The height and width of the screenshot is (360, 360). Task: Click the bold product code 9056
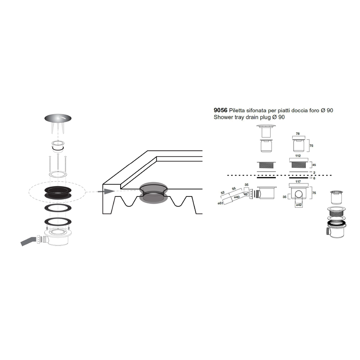[220, 111]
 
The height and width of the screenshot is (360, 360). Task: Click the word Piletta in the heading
[237, 111]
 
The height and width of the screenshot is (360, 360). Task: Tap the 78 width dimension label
[298, 134]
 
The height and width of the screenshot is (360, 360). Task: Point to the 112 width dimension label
[298, 156]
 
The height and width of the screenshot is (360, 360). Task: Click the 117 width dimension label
[298, 182]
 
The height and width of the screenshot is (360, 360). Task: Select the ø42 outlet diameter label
[299, 205]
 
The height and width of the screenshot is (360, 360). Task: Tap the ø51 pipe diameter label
[220, 203]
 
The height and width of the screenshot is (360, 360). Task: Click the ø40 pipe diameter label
[237, 197]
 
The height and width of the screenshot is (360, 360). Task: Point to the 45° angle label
[246, 194]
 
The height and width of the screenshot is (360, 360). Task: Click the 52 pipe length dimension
[223, 193]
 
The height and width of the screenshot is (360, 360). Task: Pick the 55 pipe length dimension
[234, 189]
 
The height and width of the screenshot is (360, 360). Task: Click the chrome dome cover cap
[58, 118]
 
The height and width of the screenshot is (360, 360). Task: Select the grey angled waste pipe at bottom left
[28, 241]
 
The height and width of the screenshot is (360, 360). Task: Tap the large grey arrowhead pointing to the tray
[109, 191]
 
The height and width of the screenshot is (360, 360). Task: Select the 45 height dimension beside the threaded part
[314, 165]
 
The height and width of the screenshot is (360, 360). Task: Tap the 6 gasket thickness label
[314, 178]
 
